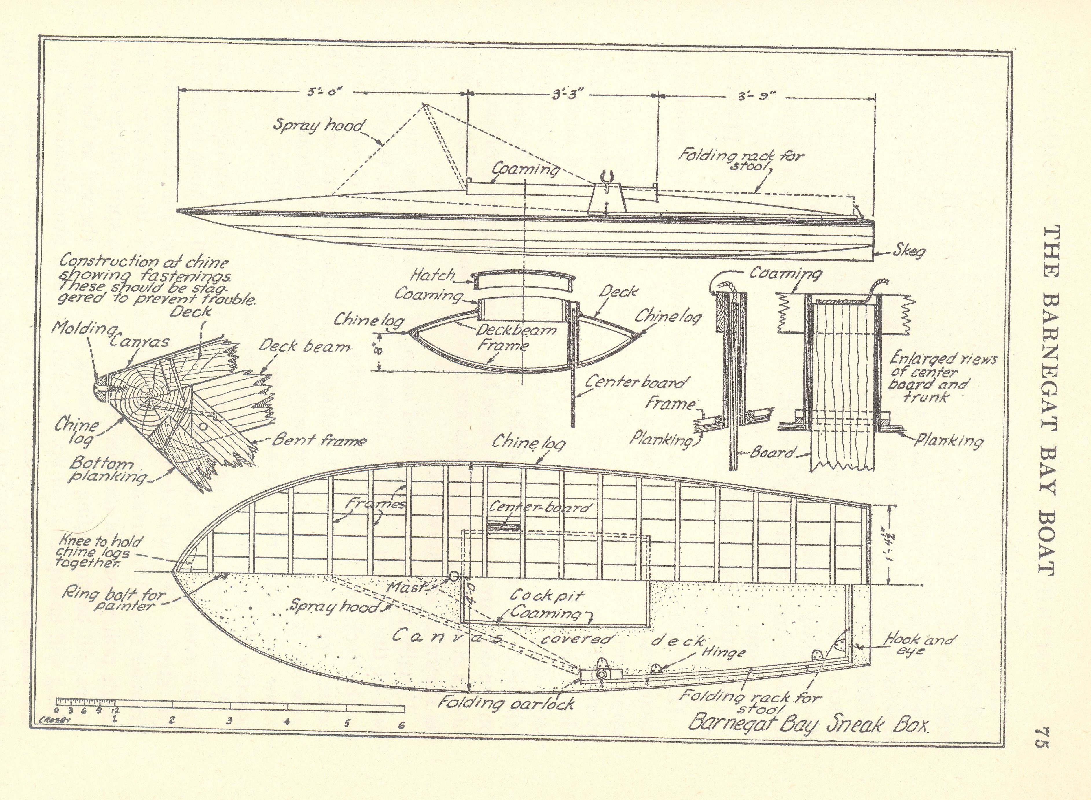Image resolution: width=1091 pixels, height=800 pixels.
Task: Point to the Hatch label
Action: pos(432,275)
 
